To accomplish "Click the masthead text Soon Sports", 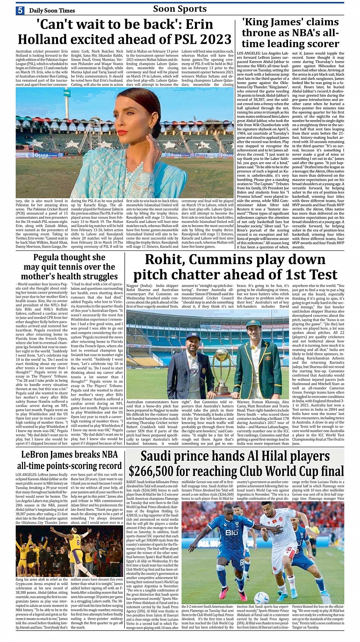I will click(x=180, y=9).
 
